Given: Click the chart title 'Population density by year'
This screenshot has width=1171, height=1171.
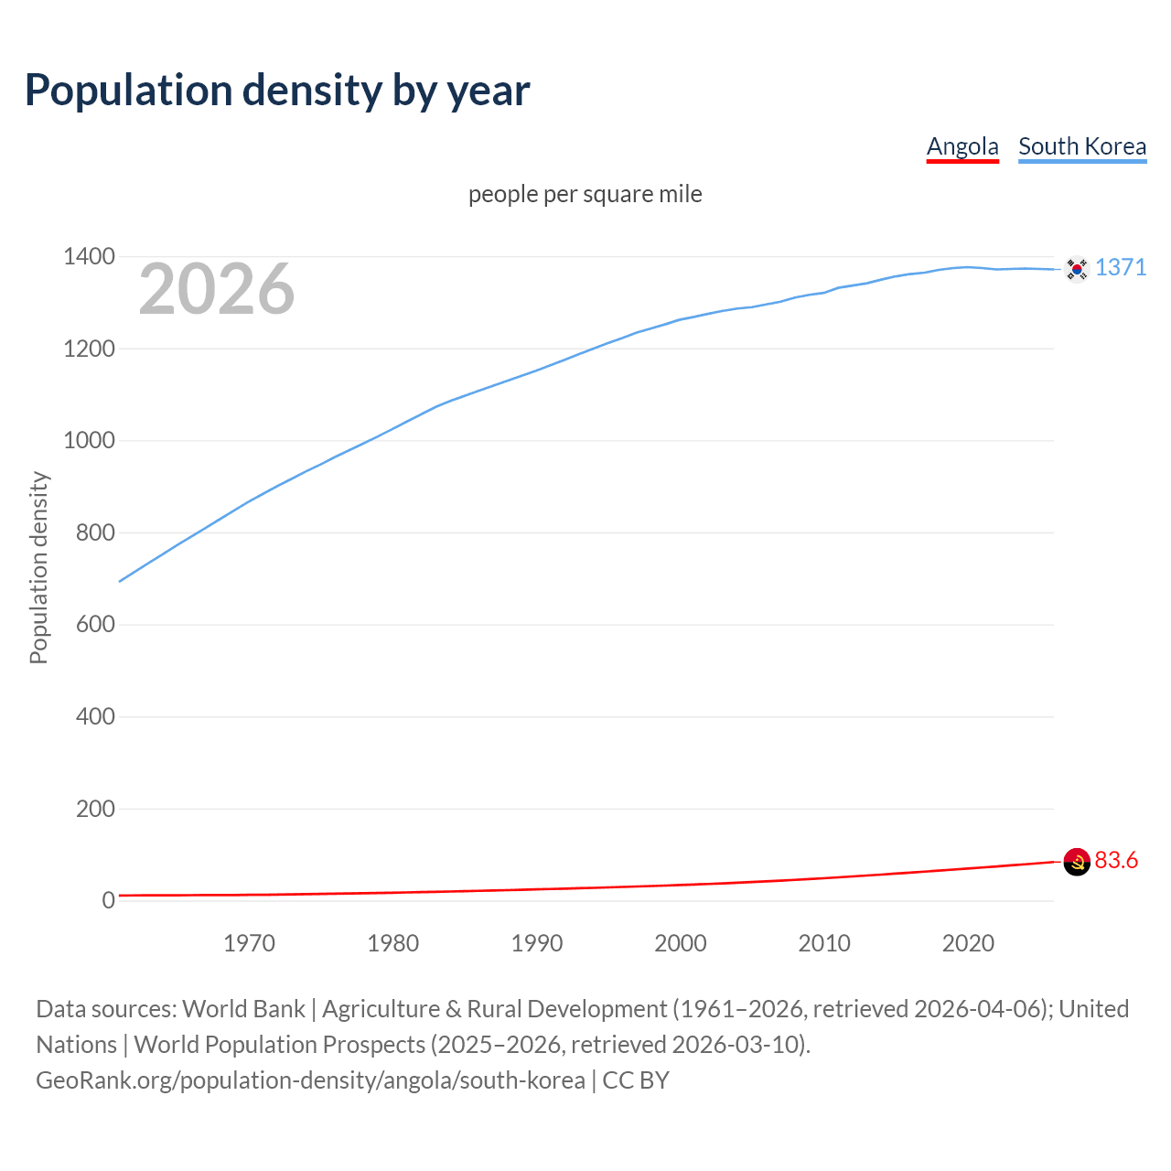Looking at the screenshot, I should tap(277, 91).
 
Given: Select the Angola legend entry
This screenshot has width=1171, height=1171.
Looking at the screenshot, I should tap(962, 146).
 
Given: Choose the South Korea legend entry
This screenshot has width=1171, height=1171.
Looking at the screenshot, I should tap(1082, 146).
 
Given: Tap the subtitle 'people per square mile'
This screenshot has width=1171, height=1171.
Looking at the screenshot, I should tap(585, 194).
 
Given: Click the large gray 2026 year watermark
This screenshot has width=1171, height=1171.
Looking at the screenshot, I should tap(217, 289).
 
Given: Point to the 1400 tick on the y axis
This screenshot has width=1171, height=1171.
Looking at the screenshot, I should tap(89, 257).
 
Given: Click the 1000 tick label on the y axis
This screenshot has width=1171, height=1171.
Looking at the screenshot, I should tap(89, 441).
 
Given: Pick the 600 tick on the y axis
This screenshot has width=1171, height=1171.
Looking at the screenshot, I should tap(95, 625).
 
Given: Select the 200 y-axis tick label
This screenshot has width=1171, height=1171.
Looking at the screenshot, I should tap(95, 809).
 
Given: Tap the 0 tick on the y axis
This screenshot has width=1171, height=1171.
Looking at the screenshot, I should tap(109, 900).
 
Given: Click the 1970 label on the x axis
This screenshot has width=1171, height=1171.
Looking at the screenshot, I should tap(249, 943).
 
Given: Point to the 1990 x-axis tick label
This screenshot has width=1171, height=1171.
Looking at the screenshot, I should tap(537, 943).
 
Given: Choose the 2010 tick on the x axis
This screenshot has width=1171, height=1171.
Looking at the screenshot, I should tap(824, 943).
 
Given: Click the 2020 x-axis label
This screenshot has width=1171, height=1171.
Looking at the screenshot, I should tap(968, 943).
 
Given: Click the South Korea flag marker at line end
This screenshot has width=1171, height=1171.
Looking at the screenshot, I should tap(1077, 269).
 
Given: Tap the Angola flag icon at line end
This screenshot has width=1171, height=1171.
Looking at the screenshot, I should tap(1077, 861).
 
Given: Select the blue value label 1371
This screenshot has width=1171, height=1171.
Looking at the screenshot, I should tap(1121, 267).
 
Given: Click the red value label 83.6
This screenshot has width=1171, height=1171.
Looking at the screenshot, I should tap(1116, 860).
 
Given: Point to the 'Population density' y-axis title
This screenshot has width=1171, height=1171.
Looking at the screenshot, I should tap(38, 567).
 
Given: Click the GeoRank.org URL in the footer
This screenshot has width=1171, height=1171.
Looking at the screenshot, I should tap(310, 1080).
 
